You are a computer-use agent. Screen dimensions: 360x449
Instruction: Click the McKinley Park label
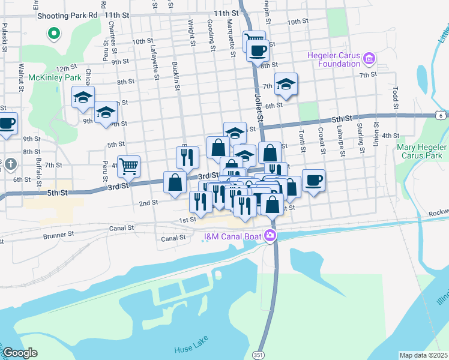pyautogui.click(x=55, y=78)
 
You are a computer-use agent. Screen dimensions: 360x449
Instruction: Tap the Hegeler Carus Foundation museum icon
pyautogui.click(x=369, y=59)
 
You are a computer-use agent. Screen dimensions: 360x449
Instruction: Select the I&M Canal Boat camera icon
pyautogui.click(x=271, y=236)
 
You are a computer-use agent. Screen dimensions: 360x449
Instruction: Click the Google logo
pyautogui.click(x=19, y=353)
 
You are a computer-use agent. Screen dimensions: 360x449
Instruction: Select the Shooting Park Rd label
pyautogui.click(x=67, y=14)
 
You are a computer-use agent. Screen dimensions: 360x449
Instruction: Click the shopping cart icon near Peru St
pyautogui.click(x=129, y=165)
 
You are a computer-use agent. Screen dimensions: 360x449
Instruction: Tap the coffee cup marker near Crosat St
pyautogui.click(x=313, y=179)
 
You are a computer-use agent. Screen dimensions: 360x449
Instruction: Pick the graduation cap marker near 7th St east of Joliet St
pyautogui.click(x=286, y=83)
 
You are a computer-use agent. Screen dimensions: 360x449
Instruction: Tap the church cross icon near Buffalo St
pyautogui.click(x=11, y=164)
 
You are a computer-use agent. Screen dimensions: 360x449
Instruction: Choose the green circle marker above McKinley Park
pyautogui.click(x=54, y=33)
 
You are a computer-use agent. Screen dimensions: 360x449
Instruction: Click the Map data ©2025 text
pyautogui.click(x=423, y=355)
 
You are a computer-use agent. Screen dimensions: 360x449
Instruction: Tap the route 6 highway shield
pyautogui.click(x=442, y=115)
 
